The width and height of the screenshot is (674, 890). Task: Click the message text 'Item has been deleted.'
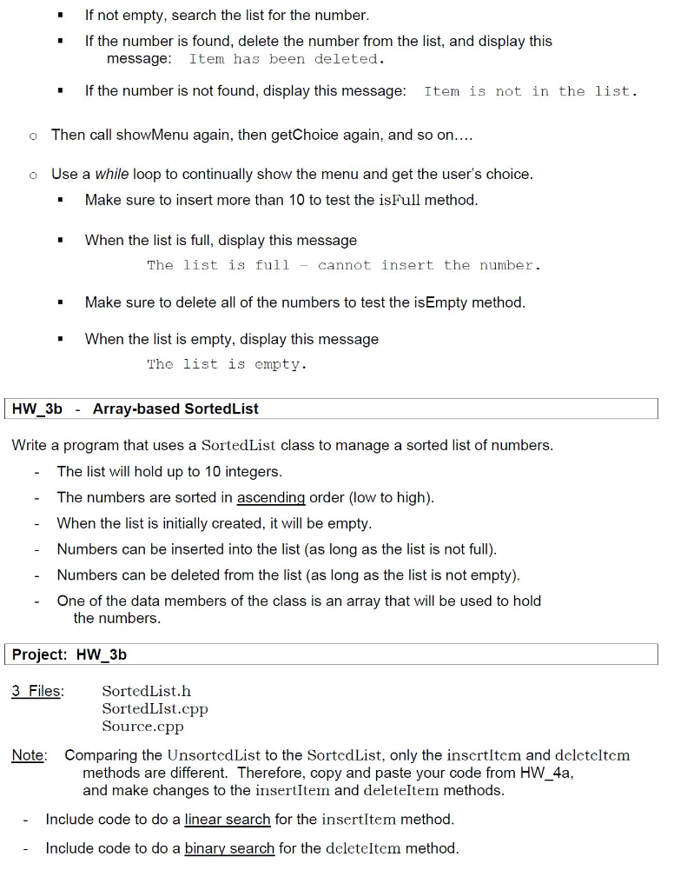coord(287,59)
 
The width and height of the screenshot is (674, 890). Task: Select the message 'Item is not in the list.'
coord(530,91)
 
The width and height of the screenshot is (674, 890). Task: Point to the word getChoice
coord(287,135)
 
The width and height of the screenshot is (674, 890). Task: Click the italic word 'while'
coord(112,174)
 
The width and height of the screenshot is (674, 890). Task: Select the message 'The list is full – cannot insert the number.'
coord(344,265)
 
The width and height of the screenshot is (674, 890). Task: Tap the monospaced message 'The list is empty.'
coord(227,364)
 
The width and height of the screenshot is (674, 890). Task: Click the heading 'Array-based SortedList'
coord(175,408)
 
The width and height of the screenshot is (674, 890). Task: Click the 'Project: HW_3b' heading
coord(69,654)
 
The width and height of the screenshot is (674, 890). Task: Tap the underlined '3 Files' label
coord(36,691)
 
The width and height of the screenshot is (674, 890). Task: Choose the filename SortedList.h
coord(146,691)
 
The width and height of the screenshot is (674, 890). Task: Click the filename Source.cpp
coord(142,726)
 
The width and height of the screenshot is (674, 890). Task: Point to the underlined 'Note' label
coord(28,755)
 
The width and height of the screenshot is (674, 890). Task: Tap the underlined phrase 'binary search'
coord(229,847)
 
